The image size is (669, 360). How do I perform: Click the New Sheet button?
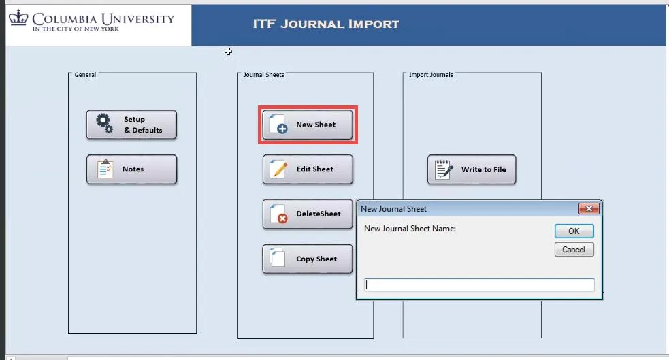[x=307, y=125]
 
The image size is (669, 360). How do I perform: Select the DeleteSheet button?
[x=308, y=214]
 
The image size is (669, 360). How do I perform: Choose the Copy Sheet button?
[x=307, y=259]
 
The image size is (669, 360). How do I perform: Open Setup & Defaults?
[x=131, y=125]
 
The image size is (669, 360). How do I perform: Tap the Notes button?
[x=131, y=169]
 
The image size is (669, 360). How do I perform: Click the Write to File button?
[x=472, y=169]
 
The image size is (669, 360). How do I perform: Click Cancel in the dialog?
[x=574, y=250]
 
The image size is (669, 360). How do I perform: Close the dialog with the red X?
[x=589, y=208]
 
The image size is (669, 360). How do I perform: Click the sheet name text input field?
[x=479, y=285]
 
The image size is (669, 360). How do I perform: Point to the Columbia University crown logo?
[x=18, y=18]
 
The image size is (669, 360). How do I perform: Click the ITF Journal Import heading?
[x=326, y=24]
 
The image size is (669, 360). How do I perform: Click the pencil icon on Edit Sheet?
[x=280, y=169]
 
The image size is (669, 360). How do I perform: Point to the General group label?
[x=85, y=75]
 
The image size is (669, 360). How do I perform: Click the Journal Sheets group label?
[x=263, y=75]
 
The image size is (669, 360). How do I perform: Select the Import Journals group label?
[x=431, y=75]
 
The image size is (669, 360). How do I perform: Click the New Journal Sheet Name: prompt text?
[x=410, y=229]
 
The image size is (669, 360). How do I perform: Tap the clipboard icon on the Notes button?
[x=105, y=169]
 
